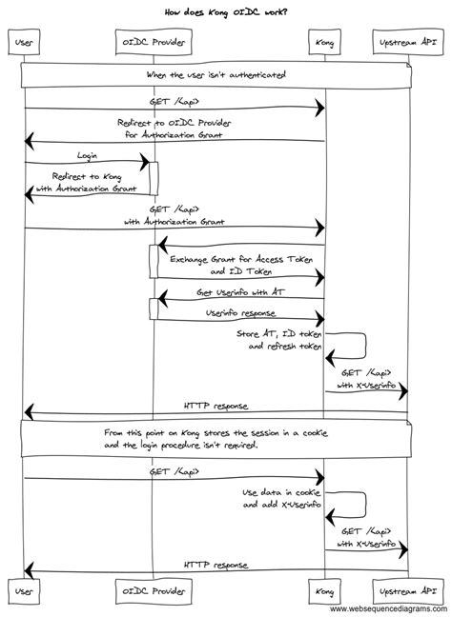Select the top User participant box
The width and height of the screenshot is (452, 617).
click(x=24, y=44)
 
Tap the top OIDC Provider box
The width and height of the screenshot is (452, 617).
click(x=149, y=44)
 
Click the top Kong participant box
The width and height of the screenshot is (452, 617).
click(x=325, y=44)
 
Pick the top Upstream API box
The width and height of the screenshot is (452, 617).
click(x=408, y=44)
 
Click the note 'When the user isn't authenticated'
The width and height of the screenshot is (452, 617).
click(x=216, y=74)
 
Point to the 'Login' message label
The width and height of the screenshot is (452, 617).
click(x=86, y=154)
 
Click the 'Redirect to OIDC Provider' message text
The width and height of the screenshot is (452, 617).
click(x=175, y=123)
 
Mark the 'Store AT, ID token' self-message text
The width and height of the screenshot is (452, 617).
click(x=280, y=334)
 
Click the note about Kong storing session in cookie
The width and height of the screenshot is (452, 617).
click(x=216, y=438)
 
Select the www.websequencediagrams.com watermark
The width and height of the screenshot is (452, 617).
click(x=389, y=609)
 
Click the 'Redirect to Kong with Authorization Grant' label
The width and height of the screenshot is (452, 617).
click(x=86, y=182)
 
